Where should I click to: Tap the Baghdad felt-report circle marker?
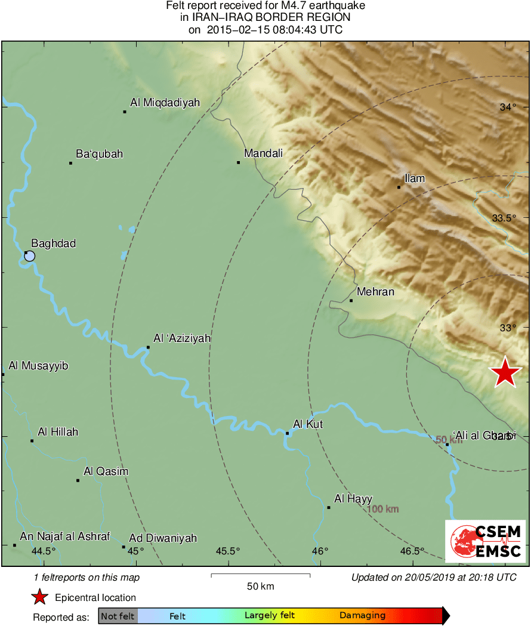[x=29, y=256]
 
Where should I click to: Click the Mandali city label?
[x=263, y=154]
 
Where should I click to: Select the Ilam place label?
[x=415, y=178]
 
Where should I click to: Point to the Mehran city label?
[x=375, y=292]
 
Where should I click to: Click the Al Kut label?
[x=308, y=424]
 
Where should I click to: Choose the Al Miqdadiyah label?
[x=165, y=103]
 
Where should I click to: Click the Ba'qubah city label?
[x=99, y=154]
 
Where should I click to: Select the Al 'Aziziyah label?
[x=182, y=338]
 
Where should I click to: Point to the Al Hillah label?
[x=58, y=431]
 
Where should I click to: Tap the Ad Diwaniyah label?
[x=163, y=538]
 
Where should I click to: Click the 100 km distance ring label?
[x=382, y=509]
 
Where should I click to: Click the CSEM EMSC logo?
[x=485, y=541]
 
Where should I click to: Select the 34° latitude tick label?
[x=508, y=107]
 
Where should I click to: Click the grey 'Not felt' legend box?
[x=118, y=616]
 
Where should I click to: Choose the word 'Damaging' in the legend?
[x=362, y=616]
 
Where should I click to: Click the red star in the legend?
[x=39, y=597]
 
